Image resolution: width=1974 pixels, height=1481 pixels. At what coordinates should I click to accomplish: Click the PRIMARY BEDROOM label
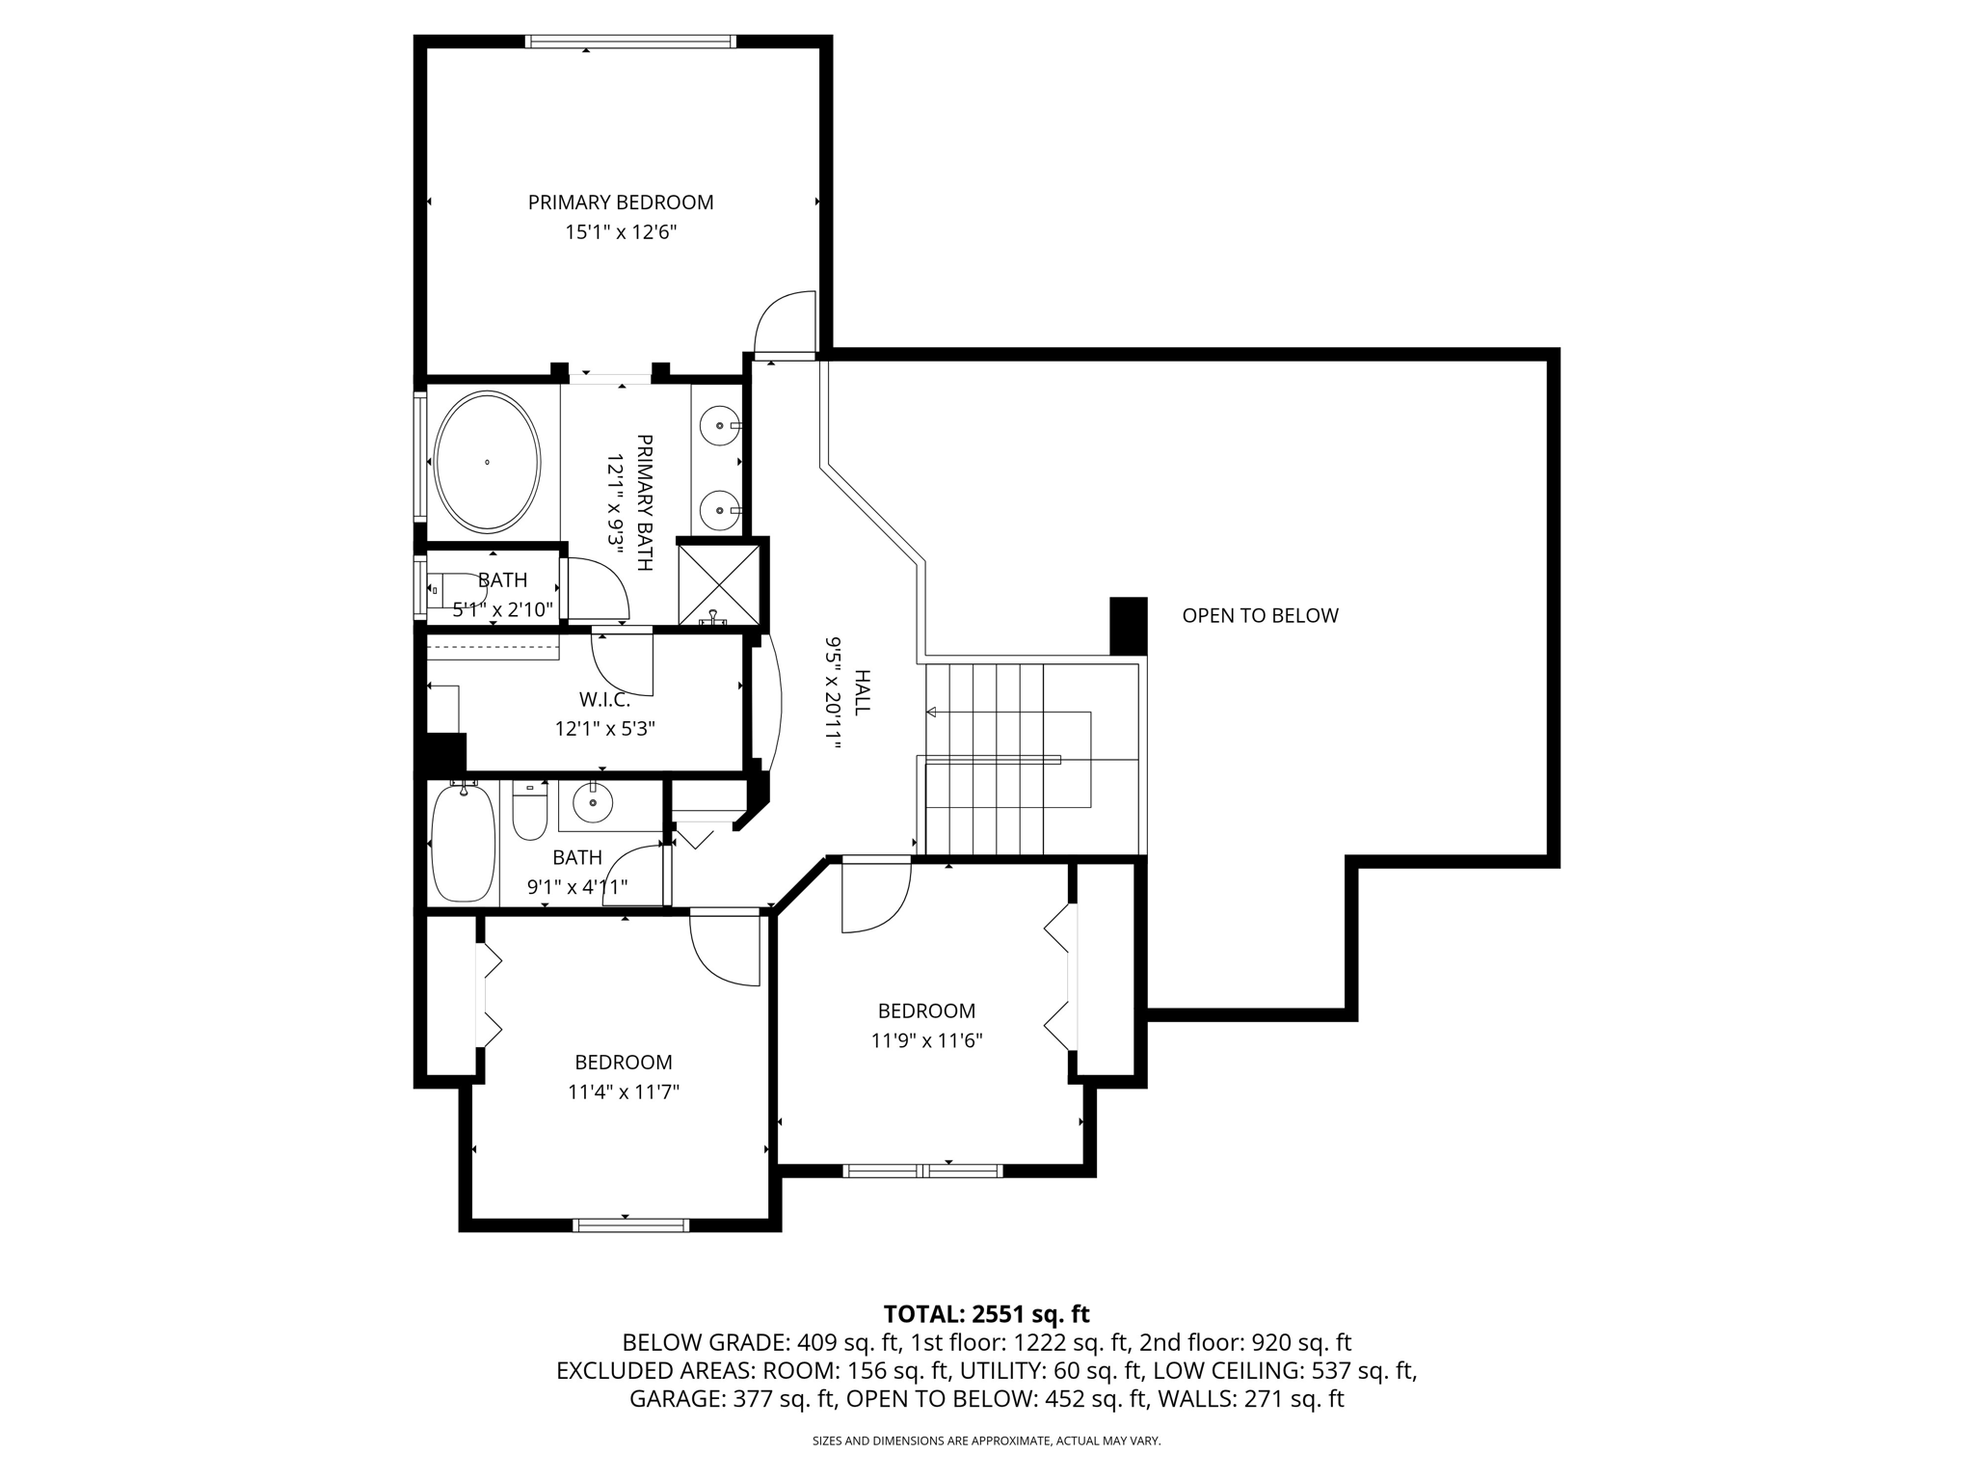click(620, 202)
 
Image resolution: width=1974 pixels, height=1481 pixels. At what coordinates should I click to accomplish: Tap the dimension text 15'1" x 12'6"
click(620, 232)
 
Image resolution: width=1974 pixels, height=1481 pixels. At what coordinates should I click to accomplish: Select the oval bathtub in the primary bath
click(487, 461)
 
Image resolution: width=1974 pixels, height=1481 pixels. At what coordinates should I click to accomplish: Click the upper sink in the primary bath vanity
click(719, 424)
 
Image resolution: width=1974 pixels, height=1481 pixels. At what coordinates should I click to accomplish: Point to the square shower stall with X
click(718, 584)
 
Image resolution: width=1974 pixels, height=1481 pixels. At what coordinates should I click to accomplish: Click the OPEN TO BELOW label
click(1260, 615)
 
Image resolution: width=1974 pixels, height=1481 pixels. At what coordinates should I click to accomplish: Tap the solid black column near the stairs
click(1128, 626)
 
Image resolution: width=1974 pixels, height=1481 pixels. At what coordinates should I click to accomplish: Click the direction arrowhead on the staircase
click(931, 713)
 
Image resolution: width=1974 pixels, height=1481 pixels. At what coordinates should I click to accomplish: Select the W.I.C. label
click(604, 699)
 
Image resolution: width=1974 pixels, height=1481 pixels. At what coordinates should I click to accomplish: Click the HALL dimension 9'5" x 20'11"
click(833, 691)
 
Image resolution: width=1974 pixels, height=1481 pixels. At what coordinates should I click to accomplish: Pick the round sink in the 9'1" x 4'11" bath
click(592, 801)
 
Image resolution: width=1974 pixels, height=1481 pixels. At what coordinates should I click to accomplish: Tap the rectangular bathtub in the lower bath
click(463, 843)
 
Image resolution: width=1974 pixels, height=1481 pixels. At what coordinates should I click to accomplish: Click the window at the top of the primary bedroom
click(630, 41)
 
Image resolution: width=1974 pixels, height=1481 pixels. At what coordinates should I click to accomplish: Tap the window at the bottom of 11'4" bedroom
click(630, 1225)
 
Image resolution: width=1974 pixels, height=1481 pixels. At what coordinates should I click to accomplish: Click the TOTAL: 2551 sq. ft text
click(986, 1313)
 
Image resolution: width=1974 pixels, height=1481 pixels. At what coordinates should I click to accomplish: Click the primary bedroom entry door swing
click(783, 323)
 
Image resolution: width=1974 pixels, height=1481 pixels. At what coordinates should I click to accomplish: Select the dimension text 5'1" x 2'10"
click(502, 609)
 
